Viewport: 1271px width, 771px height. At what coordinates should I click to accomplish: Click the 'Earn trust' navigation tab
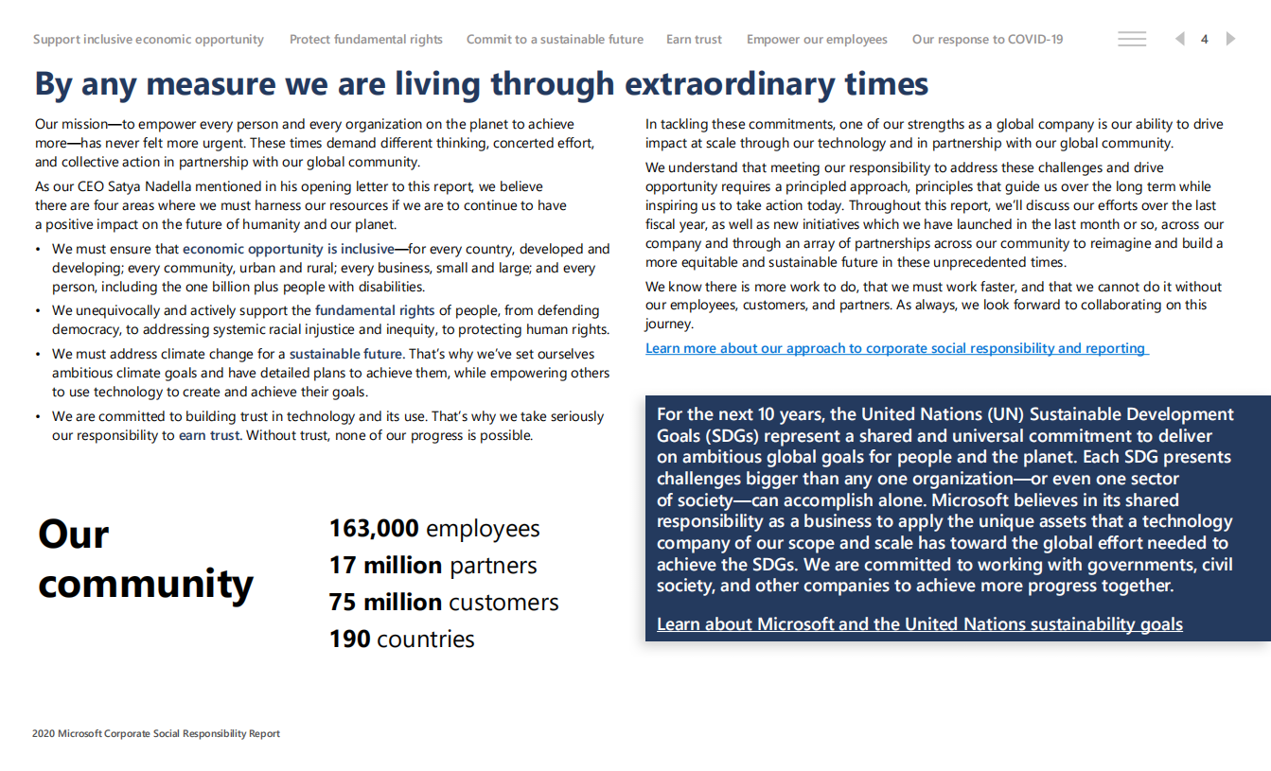(694, 40)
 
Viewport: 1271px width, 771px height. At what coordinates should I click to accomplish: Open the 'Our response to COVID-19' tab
(987, 40)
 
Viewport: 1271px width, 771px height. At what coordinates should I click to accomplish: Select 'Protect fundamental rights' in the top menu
(366, 40)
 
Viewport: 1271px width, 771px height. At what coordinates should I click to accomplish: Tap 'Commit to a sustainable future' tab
(555, 40)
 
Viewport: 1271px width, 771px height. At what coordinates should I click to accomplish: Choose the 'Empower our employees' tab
(817, 40)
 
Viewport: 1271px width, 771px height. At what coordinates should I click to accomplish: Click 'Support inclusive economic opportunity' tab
(149, 40)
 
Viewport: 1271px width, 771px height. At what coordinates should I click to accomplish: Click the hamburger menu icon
(1132, 39)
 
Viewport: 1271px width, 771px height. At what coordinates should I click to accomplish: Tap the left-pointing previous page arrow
(1179, 39)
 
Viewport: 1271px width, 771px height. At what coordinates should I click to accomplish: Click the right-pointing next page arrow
(1230, 39)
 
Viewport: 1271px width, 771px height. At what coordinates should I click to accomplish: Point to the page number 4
(1205, 40)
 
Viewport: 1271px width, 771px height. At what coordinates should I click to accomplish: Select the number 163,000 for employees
(374, 529)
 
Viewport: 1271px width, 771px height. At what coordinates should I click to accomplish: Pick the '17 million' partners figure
(385, 566)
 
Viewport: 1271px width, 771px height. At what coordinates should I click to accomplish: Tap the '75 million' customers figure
(385, 603)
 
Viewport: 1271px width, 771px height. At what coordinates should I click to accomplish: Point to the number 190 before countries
(349, 640)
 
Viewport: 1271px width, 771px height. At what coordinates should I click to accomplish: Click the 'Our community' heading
(146, 559)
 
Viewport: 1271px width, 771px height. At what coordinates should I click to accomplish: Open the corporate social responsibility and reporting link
(895, 348)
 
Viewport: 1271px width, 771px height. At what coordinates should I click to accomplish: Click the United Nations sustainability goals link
(919, 624)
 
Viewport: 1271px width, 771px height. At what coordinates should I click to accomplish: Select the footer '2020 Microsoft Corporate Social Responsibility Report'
(156, 733)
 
